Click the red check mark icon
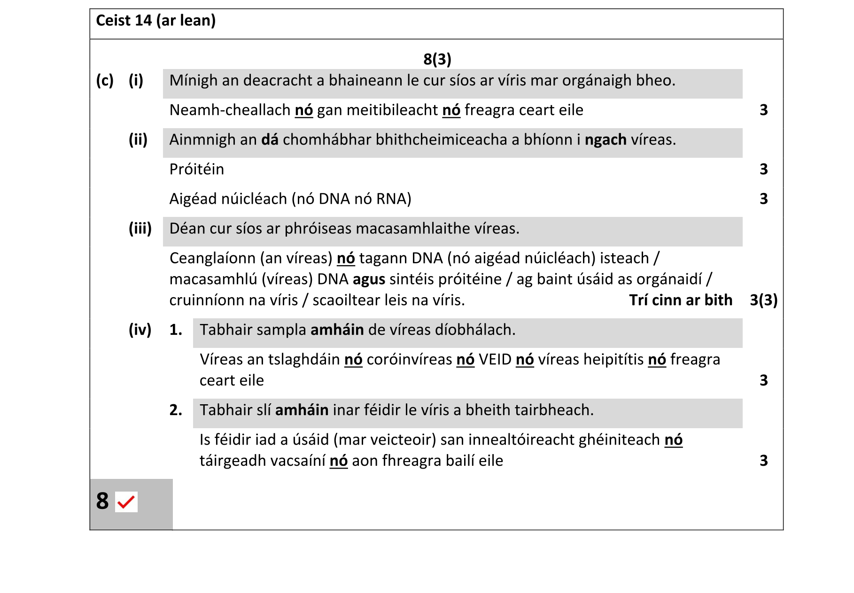(x=126, y=502)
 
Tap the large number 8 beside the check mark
(x=102, y=501)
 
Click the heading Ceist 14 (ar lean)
(x=155, y=21)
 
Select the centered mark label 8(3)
(x=437, y=59)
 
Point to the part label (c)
(x=105, y=81)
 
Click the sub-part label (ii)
(x=138, y=140)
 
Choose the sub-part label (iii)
(x=140, y=229)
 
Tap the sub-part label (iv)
(x=140, y=330)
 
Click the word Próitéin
(x=196, y=169)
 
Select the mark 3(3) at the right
(x=763, y=300)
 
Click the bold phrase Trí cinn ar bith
(x=680, y=300)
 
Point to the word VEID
(x=495, y=360)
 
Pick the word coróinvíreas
(x=409, y=360)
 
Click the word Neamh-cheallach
(x=230, y=110)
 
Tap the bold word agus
(x=369, y=279)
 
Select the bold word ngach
(x=605, y=140)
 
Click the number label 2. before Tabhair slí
(x=176, y=410)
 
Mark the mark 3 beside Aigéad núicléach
(x=763, y=199)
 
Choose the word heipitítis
(x=613, y=360)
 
